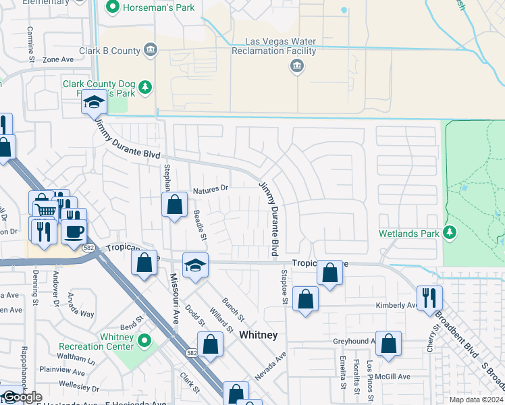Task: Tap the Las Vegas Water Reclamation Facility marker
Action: tap(296, 65)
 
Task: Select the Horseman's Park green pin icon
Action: tap(112, 8)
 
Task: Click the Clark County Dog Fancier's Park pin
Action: tap(144, 86)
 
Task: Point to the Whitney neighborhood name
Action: tap(258, 335)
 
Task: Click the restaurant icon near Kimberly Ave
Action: tap(429, 296)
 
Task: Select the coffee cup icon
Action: tap(74, 230)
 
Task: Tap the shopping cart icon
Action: tap(45, 210)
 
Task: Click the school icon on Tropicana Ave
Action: tap(196, 265)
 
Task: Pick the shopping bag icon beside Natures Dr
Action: tap(175, 204)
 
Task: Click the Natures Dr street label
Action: tap(211, 191)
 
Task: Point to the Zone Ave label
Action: tap(57, 59)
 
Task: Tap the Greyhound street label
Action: tap(352, 341)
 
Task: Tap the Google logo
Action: tap(22, 397)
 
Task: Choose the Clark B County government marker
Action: tap(151, 50)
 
